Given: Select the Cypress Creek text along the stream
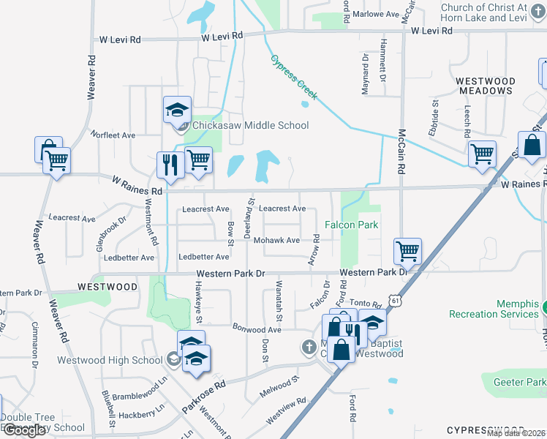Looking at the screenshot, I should [294, 78].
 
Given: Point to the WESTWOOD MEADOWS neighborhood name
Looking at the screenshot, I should [485, 86].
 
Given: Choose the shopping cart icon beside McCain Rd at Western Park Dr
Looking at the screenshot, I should [407, 251].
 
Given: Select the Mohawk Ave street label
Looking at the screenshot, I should [282, 240].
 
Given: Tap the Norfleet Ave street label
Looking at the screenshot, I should [113, 135].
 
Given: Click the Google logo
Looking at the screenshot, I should [24, 429].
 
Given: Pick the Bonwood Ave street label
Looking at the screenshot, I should [257, 329].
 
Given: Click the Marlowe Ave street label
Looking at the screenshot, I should [376, 14].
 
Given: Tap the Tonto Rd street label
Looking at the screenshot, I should [366, 304].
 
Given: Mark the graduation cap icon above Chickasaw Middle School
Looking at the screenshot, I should [176, 110].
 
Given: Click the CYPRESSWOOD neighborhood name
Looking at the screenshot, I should [485, 429].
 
